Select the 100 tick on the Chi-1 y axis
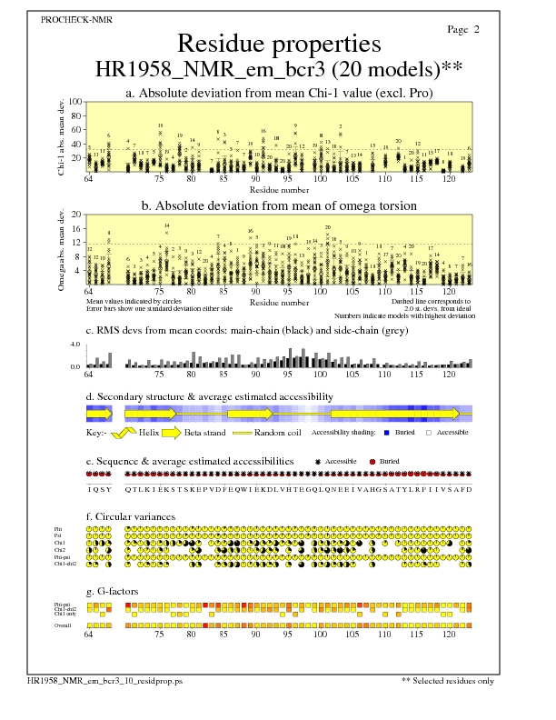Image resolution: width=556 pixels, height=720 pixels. (x=75, y=103)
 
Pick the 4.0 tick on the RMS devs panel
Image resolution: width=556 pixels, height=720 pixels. (x=76, y=345)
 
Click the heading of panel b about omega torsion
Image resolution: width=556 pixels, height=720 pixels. (x=279, y=206)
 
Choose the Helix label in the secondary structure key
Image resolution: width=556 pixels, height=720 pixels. (x=148, y=433)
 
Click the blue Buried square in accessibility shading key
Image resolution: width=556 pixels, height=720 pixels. (x=387, y=433)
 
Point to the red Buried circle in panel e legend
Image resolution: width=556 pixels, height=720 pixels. (x=373, y=462)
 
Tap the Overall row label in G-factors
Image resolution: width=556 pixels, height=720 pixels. (x=65, y=625)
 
